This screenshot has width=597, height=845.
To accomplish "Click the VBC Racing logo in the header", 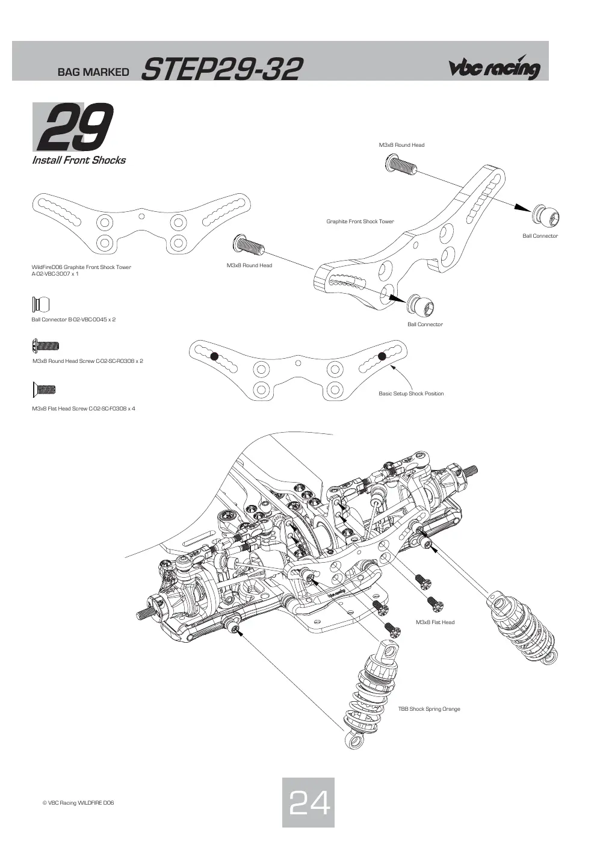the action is click(x=494, y=67).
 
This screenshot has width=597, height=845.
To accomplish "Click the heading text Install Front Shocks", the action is click(x=79, y=160).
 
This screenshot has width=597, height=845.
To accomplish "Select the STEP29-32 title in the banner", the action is click(x=222, y=69).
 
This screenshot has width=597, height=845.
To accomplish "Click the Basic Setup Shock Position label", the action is click(x=411, y=394).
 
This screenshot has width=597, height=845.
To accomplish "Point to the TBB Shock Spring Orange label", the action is click(x=429, y=709).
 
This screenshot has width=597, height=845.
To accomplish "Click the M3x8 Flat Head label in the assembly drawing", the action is click(x=435, y=622).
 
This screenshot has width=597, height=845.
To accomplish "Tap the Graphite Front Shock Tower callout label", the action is click(x=360, y=221).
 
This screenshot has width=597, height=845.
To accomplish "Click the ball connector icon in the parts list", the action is click(x=41, y=305).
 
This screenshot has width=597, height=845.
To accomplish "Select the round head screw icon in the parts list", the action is click(x=46, y=345).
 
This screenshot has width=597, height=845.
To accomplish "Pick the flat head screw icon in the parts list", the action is click(x=44, y=389).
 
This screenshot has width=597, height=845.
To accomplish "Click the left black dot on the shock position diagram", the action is click(x=214, y=356).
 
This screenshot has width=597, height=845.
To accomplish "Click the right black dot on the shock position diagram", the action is click(x=382, y=356).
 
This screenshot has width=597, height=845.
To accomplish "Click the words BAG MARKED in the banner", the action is click(x=93, y=72).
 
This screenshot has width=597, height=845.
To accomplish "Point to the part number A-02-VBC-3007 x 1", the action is click(x=55, y=274).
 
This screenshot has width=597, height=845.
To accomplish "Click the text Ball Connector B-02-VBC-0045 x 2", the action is click(x=73, y=320).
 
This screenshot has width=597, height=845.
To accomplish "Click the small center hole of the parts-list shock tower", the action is click(x=141, y=217).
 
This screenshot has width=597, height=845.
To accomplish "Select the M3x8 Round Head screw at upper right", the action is click(x=401, y=164).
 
